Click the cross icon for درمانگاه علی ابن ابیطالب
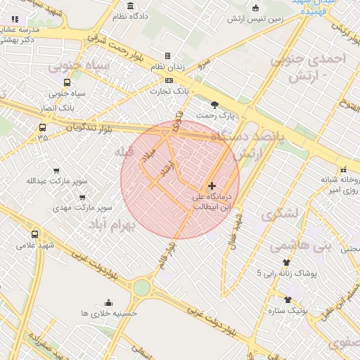coord(212,186)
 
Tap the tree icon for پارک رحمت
coord(205,104)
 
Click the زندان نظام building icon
coord(167,56)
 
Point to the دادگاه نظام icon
coord(130,6)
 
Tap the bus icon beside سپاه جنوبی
coord(67,82)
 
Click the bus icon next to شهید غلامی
coord(35,234)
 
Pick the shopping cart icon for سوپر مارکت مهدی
coord(83,198)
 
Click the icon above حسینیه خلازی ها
coord(108,302)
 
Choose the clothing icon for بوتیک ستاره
coord(288,300)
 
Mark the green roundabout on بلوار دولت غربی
coord(142,287)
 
